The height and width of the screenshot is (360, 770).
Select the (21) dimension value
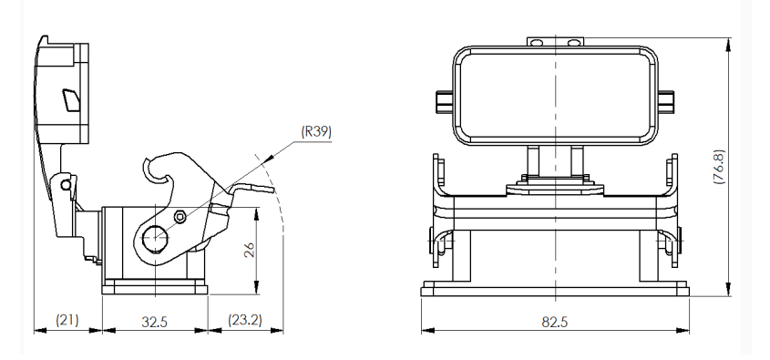click(67, 321)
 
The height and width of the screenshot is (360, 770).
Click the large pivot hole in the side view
click(156, 240)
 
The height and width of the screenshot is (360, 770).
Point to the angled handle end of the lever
click(259, 189)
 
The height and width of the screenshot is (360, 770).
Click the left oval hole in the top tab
click(537, 42)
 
